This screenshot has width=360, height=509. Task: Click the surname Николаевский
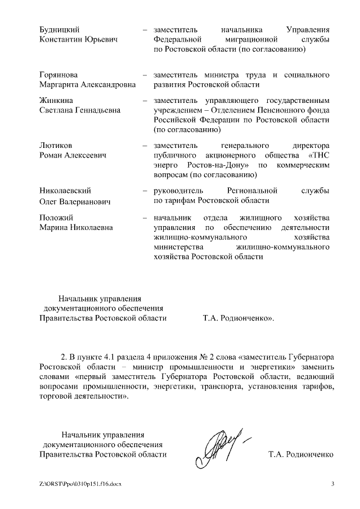[65, 191]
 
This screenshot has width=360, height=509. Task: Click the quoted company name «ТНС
[318, 155]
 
